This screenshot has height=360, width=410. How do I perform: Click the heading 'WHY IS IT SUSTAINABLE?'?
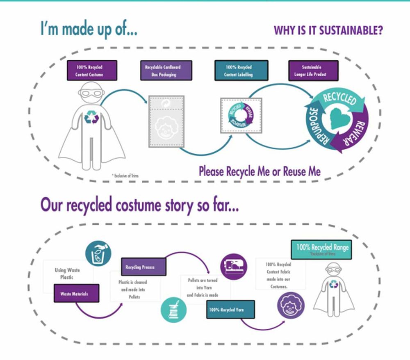tap(328, 31)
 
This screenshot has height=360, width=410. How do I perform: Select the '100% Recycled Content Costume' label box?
tap(92, 71)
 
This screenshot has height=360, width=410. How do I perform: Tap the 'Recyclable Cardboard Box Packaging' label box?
tap(162, 71)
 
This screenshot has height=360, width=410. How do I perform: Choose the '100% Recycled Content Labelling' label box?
tap(241, 71)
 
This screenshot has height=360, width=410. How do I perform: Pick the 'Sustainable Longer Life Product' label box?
tap(314, 71)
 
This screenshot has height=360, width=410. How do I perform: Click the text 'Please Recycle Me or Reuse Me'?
tap(260, 171)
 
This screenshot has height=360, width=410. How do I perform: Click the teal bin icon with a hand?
tap(98, 252)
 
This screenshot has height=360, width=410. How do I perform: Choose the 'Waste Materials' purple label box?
tap(76, 293)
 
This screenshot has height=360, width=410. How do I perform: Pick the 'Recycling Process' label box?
tap(143, 267)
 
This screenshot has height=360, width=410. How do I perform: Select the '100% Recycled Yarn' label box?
tap(230, 310)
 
